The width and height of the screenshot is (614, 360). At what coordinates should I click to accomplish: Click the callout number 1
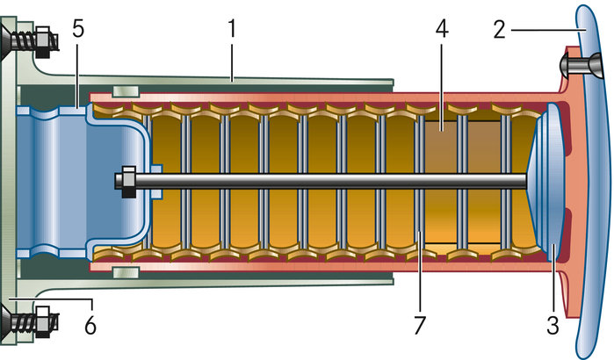tap(232, 29)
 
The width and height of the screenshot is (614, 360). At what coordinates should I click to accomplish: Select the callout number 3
tap(553, 326)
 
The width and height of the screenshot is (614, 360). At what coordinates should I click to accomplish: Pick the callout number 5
tap(78, 29)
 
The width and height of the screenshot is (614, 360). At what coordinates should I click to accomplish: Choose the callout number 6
tap(89, 326)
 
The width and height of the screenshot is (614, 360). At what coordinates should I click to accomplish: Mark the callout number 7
tap(419, 326)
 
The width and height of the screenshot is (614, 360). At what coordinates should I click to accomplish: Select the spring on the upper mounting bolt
tap(39, 40)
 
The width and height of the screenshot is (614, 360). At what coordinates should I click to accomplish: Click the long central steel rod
tap(334, 181)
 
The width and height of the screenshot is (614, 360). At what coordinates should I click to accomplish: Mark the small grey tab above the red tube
tap(126, 90)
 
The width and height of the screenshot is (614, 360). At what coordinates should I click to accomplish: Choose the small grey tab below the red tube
tap(126, 271)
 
